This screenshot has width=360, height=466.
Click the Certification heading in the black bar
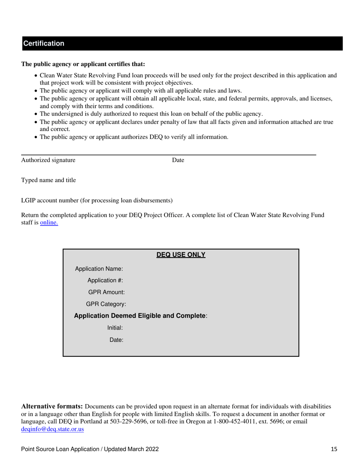point(44,44)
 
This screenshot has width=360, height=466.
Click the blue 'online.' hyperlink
point(49,223)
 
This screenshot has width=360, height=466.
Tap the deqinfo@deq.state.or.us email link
point(52,429)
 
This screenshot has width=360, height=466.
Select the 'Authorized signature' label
point(48,160)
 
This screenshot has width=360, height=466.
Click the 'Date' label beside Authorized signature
point(178,160)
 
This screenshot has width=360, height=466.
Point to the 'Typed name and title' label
point(48,180)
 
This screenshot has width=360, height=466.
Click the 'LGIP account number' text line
point(97,200)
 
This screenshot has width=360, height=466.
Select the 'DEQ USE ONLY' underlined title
point(181,255)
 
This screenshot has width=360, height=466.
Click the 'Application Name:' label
point(99,269)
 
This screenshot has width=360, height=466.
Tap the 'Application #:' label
point(105,281)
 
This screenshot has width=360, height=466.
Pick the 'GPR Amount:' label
point(106,292)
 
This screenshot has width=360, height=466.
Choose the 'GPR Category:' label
point(106,304)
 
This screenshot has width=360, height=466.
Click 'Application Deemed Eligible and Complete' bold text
point(140,316)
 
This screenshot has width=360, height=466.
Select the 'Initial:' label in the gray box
point(115,328)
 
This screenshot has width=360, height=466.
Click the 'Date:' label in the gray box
point(116,340)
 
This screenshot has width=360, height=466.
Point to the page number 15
point(333,450)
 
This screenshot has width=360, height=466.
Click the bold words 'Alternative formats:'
point(52,407)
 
